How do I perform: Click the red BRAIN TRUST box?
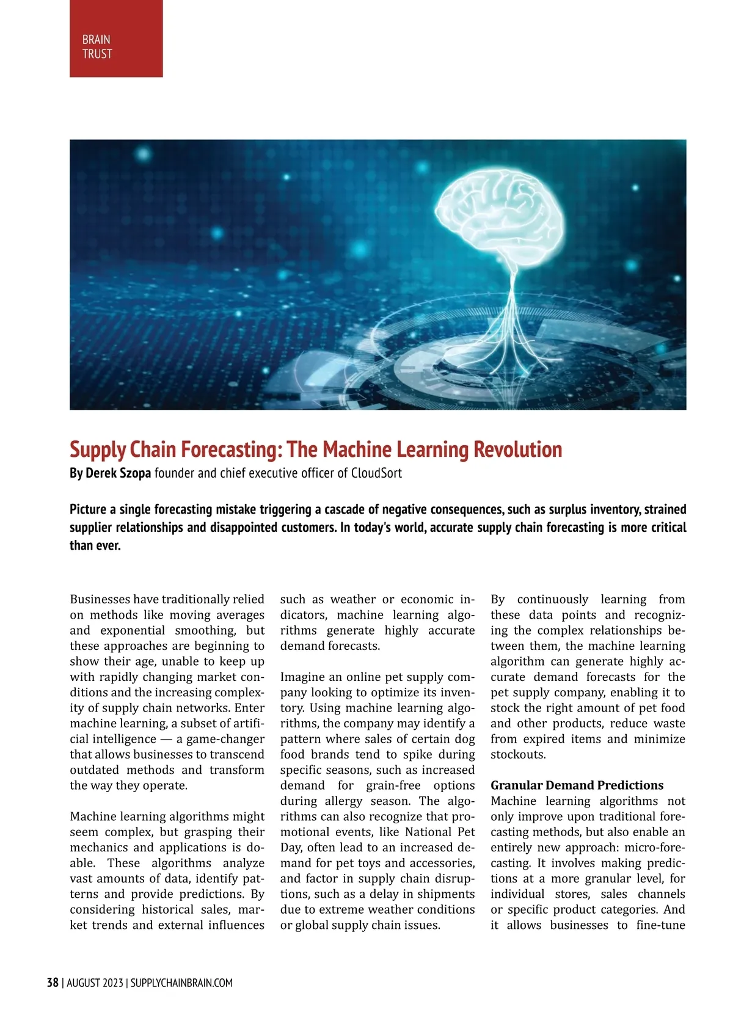point(116,38)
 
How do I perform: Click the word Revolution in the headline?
point(518,450)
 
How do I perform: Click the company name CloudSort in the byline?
point(376,473)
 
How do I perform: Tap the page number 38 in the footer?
point(53,983)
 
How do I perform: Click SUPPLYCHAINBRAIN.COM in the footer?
point(181,983)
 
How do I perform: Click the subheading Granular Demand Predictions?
point(577,785)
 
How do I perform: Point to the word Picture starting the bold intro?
point(89,509)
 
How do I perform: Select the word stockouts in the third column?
point(517,754)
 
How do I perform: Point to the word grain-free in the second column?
point(393,785)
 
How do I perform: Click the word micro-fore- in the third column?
point(654,848)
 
